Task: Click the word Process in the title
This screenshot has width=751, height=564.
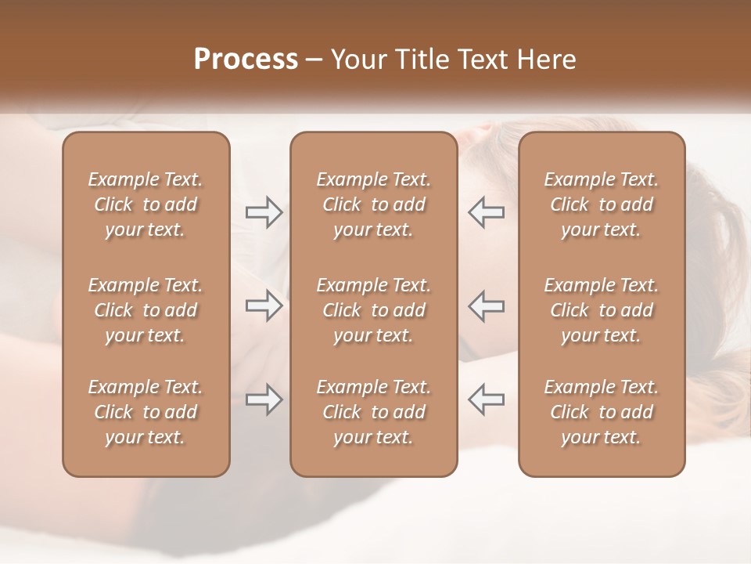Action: (246, 60)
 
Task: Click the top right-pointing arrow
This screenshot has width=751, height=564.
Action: (264, 212)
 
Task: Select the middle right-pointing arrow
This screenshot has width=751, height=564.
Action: (264, 305)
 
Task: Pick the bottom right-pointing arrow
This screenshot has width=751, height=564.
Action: (264, 399)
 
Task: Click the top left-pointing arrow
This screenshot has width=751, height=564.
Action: (486, 212)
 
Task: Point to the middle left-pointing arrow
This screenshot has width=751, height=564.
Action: (486, 305)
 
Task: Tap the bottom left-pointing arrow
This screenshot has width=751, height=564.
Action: (486, 399)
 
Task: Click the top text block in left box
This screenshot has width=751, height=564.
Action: (146, 204)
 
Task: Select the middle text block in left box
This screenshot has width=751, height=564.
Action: (146, 310)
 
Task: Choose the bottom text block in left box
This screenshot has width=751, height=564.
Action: (146, 412)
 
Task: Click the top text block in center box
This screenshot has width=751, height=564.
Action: (374, 204)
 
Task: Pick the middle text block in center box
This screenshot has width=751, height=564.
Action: (374, 310)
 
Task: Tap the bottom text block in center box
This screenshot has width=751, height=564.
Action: (374, 412)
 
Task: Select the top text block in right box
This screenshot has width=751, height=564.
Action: (602, 204)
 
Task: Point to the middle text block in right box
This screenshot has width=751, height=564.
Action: (602, 310)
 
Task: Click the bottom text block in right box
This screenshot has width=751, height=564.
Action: (602, 412)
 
